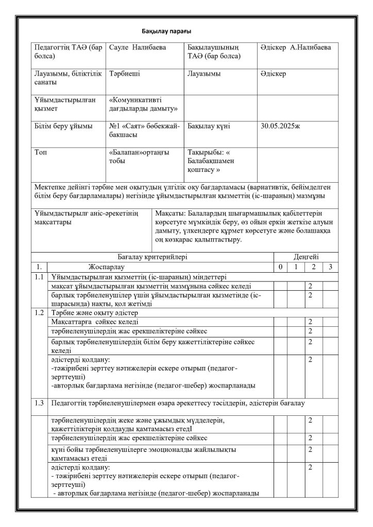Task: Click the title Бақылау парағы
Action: pyautogui.click(x=166, y=32)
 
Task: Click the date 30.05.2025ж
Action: pyautogui.click(x=280, y=125)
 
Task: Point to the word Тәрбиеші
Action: pyautogui.click(x=125, y=74)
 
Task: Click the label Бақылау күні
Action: pyautogui.click(x=209, y=125)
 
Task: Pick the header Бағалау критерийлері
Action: pyautogui.click(x=153, y=256)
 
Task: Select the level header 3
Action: pyautogui.click(x=330, y=267)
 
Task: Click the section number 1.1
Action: pyautogui.click(x=39, y=277)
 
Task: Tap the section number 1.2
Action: pyautogui.click(x=39, y=312)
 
